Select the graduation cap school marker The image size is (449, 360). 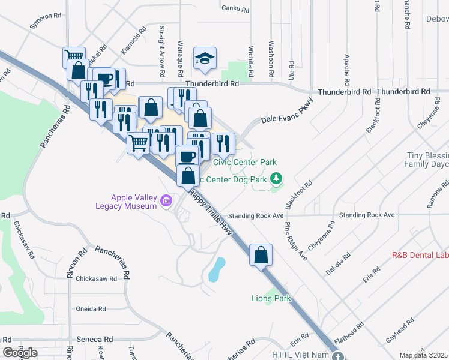tap(205, 59)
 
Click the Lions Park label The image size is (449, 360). tap(271, 298)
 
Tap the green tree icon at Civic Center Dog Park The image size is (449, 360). tap(276, 178)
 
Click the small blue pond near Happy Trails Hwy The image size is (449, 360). tap(216, 270)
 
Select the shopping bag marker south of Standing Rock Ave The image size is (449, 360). tap(261, 255)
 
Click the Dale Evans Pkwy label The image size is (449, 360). tap(287, 112)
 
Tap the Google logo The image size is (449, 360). tap(20, 353)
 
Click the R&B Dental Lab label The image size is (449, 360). tap(420, 254)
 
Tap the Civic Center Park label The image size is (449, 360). tap(245, 163)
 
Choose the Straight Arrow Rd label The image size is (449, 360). tap(162, 50)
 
